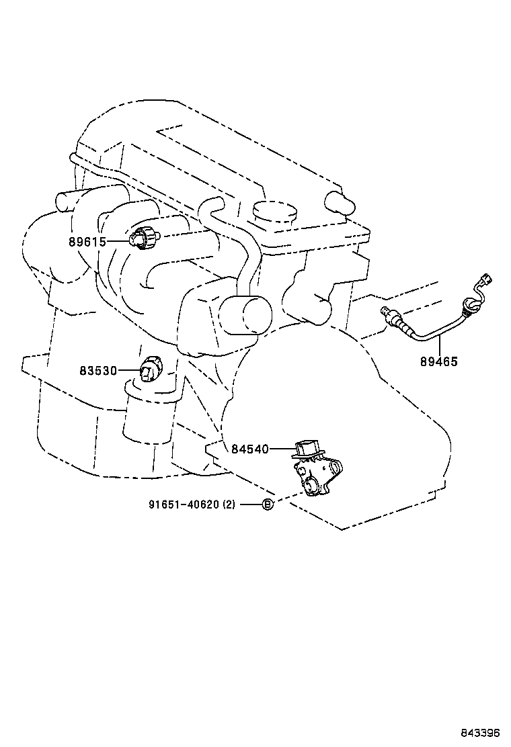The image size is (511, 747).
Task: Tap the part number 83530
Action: (x=98, y=370)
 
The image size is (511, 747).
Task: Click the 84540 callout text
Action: (x=250, y=449)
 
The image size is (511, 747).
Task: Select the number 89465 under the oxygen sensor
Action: (x=439, y=361)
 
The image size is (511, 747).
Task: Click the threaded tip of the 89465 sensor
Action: (x=385, y=311)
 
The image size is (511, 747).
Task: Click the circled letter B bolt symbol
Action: (x=267, y=504)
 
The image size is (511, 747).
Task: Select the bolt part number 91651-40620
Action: (x=184, y=504)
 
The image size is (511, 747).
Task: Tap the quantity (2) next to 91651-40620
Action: (x=229, y=504)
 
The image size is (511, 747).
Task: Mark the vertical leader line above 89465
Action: (x=439, y=346)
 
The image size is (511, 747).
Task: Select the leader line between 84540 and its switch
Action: (x=281, y=449)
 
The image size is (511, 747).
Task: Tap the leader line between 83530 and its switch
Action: (x=129, y=370)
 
